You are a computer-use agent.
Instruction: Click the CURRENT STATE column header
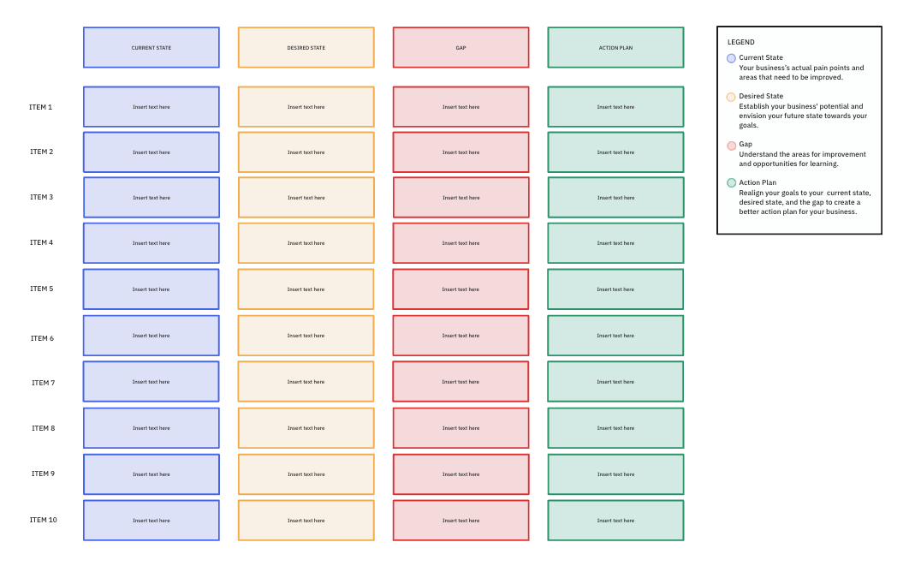(x=151, y=48)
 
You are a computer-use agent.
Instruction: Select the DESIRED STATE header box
(x=306, y=48)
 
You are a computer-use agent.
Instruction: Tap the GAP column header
(x=460, y=48)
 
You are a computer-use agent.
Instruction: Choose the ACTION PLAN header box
(x=615, y=48)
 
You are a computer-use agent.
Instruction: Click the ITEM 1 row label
(x=41, y=107)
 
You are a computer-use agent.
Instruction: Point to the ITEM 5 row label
(x=41, y=289)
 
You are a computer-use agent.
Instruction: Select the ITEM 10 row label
(x=43, y=520)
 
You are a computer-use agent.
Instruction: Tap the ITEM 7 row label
(x=43, y=383)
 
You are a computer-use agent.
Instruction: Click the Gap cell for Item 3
(x=460, y=198)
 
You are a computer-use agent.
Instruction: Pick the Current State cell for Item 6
(x=151, y=336)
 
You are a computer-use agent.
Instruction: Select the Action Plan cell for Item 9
(x=615, y=474)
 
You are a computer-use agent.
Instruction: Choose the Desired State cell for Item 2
(x=306, y=152)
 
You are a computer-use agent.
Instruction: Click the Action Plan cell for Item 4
(x=615, y=243)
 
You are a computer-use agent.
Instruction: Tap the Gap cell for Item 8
(x=460, y=428)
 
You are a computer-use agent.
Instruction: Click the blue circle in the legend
(x=731, y=58)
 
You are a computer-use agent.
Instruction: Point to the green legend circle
(x=731, y=182)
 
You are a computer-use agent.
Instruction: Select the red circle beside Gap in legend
(x=731, y=146)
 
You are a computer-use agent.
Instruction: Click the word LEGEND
(x=741, y=42)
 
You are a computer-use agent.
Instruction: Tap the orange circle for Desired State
(x=731, y=97)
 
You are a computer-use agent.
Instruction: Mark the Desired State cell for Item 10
(x=306, y=521)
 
